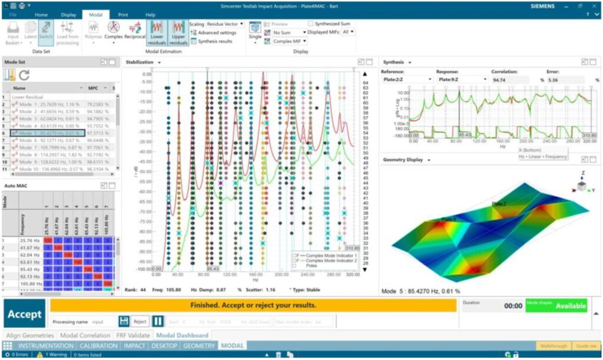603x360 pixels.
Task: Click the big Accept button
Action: coord(24,314)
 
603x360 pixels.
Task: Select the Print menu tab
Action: coord(123,14)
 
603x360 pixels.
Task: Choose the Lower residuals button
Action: coord(157,33)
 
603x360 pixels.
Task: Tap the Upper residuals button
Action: coord(178,33)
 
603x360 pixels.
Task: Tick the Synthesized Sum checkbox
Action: coord(311,24)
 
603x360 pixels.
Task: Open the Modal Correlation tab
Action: coord(85,335)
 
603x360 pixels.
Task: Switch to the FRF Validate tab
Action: coord(132,335)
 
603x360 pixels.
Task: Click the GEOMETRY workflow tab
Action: coord(199,345)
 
